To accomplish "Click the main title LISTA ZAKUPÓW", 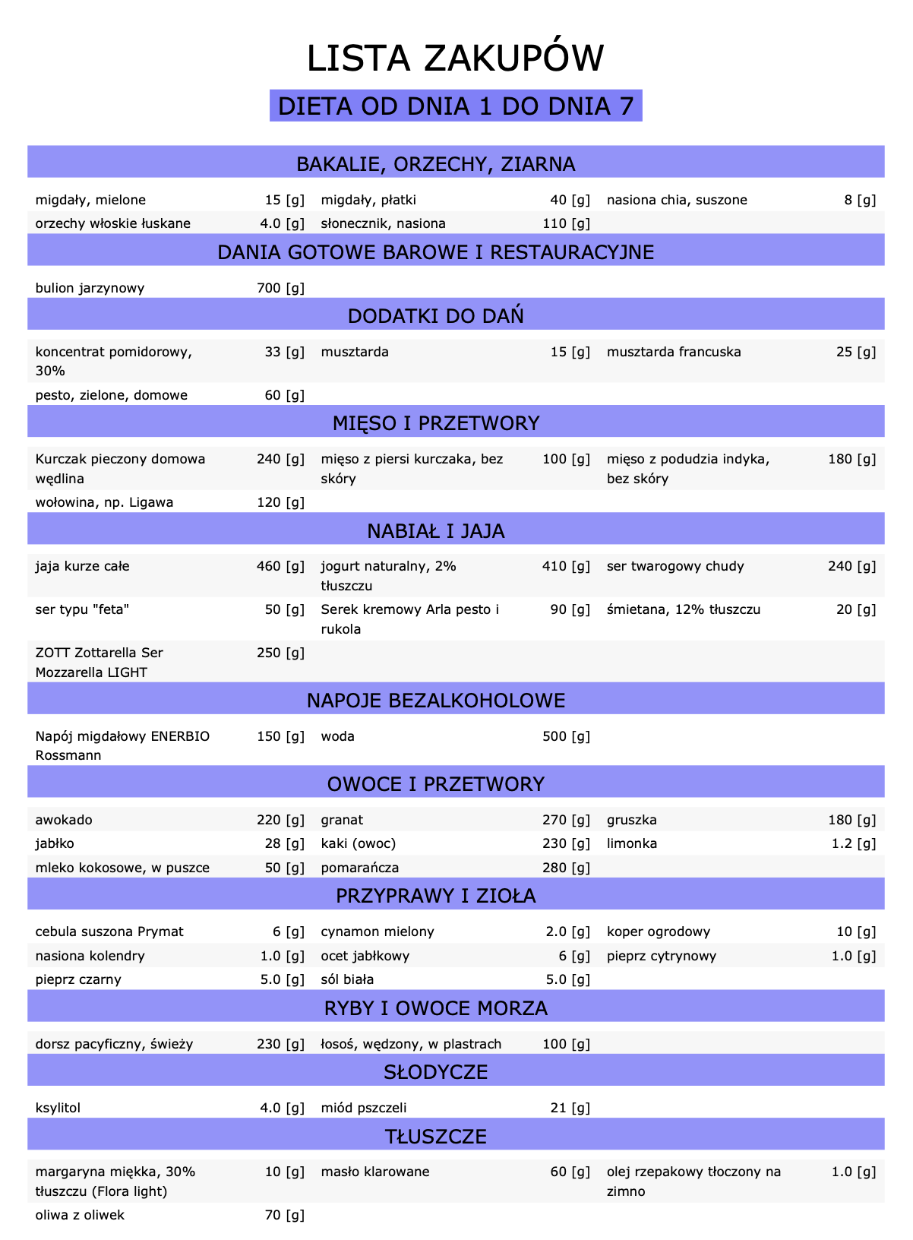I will [456, 59].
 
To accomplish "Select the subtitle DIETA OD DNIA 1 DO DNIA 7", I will [456, 106].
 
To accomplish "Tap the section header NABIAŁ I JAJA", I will [436, 531].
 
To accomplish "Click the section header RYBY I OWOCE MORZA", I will [436, 1008].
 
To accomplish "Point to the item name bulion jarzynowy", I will [90, 288].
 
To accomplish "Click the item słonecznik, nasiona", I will [383, 223].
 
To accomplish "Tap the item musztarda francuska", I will [674, 352].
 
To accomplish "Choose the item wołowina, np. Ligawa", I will [104, 502].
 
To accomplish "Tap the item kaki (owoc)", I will [359, 843].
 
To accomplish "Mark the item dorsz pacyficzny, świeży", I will [114, 1044].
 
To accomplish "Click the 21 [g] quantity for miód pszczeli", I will [570, 1108].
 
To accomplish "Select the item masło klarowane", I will [375, 1172].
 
